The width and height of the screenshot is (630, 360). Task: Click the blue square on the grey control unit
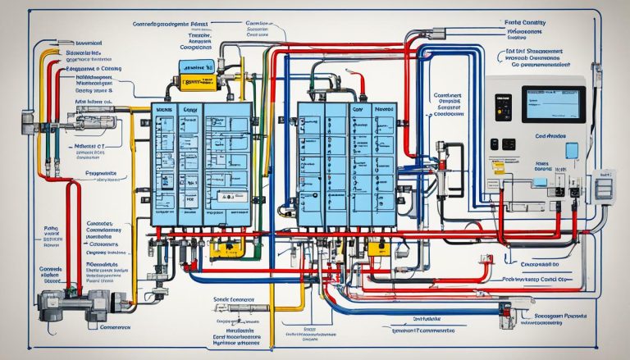click(571, 150)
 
